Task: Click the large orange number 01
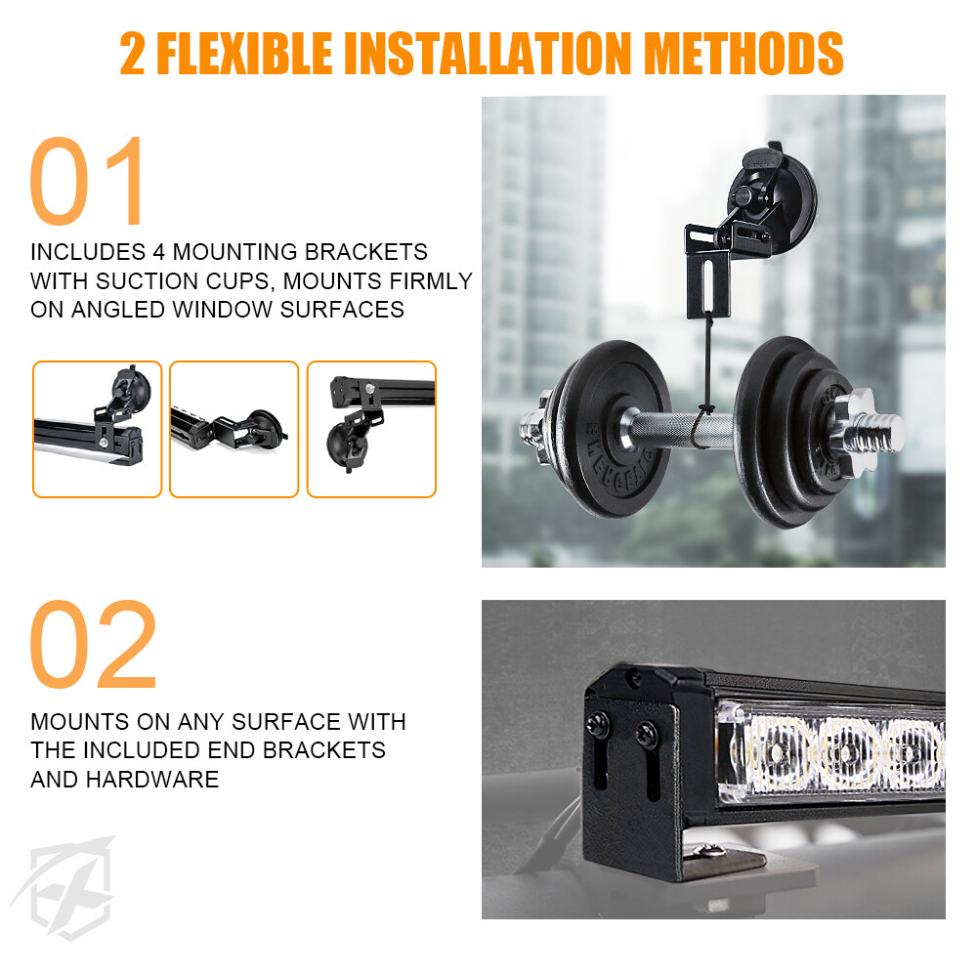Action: [x=87, y=181]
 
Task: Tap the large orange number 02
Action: [x=93, y=644]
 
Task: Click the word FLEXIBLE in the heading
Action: [x=244, y=53]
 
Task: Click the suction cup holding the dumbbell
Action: [x=773, y=199]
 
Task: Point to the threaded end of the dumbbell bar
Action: [x=878, y=430]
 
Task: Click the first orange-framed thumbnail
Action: [x=97, y=429]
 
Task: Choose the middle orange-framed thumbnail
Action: [x=234, y=429]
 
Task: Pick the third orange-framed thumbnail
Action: [x=371, y=429]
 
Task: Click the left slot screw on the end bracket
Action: [x=597, y=725]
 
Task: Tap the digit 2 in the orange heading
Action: [x=132, y=53]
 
